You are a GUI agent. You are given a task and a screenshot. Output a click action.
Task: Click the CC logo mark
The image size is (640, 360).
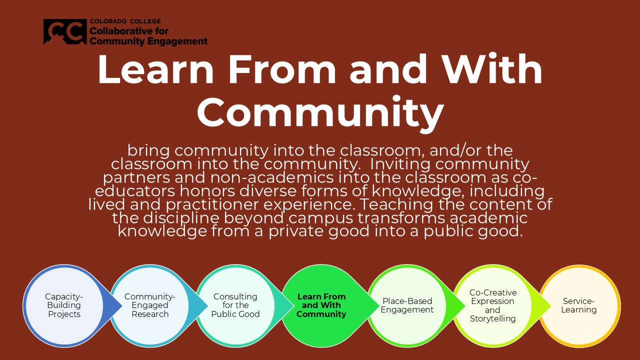(65, 31)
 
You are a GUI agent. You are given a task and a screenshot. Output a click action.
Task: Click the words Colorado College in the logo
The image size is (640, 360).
(125, 21)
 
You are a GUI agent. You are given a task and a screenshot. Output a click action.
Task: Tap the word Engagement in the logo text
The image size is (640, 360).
(177, 41)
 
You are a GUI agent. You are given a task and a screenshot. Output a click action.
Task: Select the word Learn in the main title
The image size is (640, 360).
(155, 69)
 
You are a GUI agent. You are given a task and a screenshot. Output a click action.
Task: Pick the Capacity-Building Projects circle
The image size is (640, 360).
(64, 305)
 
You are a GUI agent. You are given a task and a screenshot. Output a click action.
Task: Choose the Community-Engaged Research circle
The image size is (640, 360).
(149, 305)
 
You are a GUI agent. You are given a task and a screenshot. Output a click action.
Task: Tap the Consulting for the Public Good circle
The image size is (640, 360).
(235, 305)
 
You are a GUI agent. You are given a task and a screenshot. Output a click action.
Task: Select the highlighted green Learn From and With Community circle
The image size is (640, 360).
(321, 305)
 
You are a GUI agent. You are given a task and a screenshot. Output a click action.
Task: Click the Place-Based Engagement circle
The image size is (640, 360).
(407, 305)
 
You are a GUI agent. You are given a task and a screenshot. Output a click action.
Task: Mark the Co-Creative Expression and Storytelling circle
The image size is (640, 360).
(493, 305)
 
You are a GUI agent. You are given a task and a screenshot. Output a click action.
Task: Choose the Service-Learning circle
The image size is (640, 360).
(579, 305)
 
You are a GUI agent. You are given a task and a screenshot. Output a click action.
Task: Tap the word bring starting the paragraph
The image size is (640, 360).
(148, 150)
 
